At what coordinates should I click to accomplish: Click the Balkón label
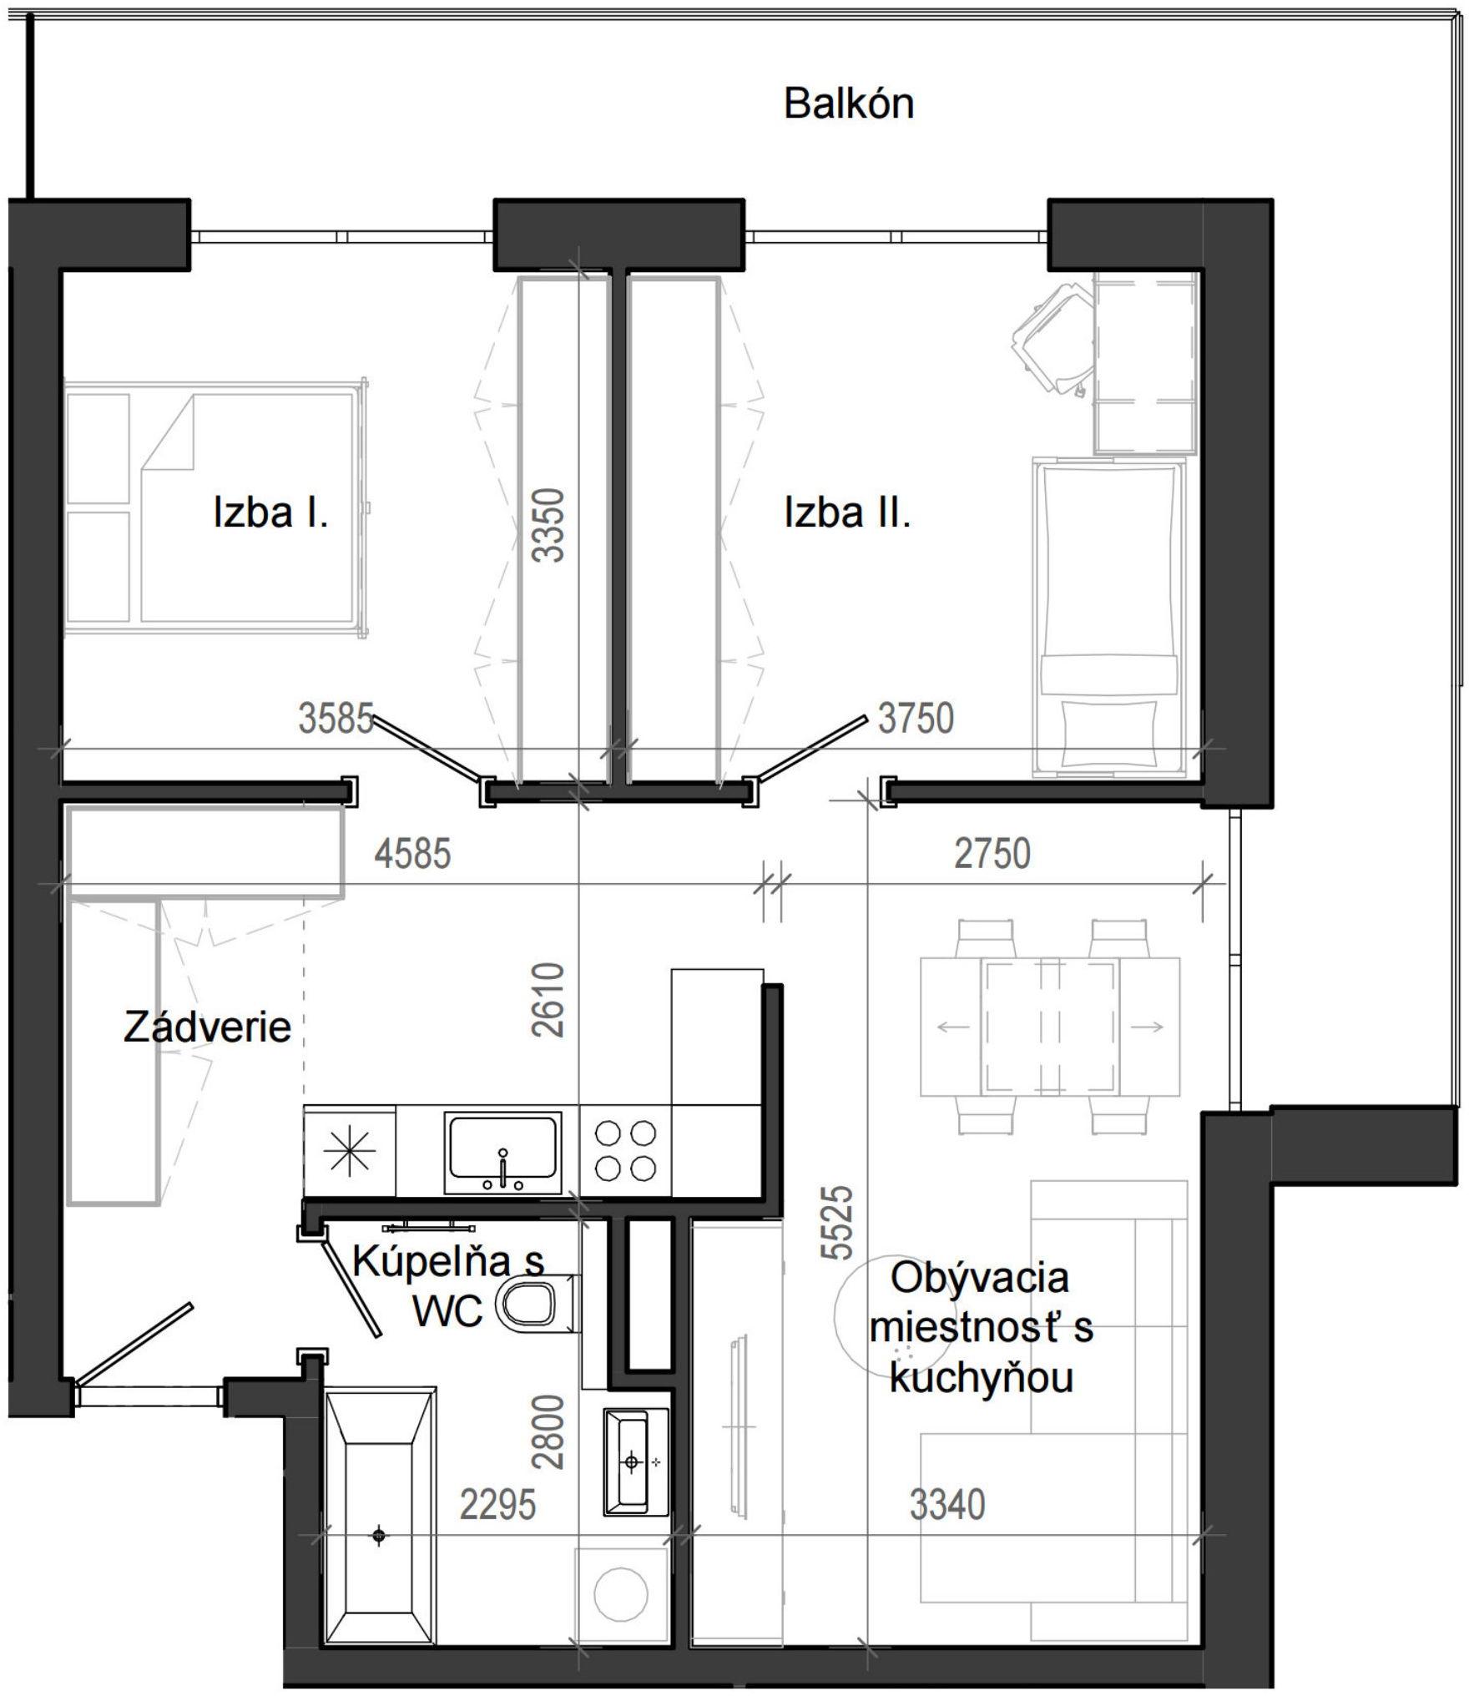click(849, 104)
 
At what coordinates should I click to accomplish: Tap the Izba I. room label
click(270, 512)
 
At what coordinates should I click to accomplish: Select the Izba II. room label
click(847, 512)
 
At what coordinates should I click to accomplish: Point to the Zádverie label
click(207, 1027)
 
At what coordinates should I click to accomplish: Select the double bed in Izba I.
click(215, 509)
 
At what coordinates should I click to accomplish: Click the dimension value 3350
click(551, 525)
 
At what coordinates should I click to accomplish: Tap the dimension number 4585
click(412, 853)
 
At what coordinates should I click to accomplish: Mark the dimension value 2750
click(992, 853)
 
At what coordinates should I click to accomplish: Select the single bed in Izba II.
click(1108, 618)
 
